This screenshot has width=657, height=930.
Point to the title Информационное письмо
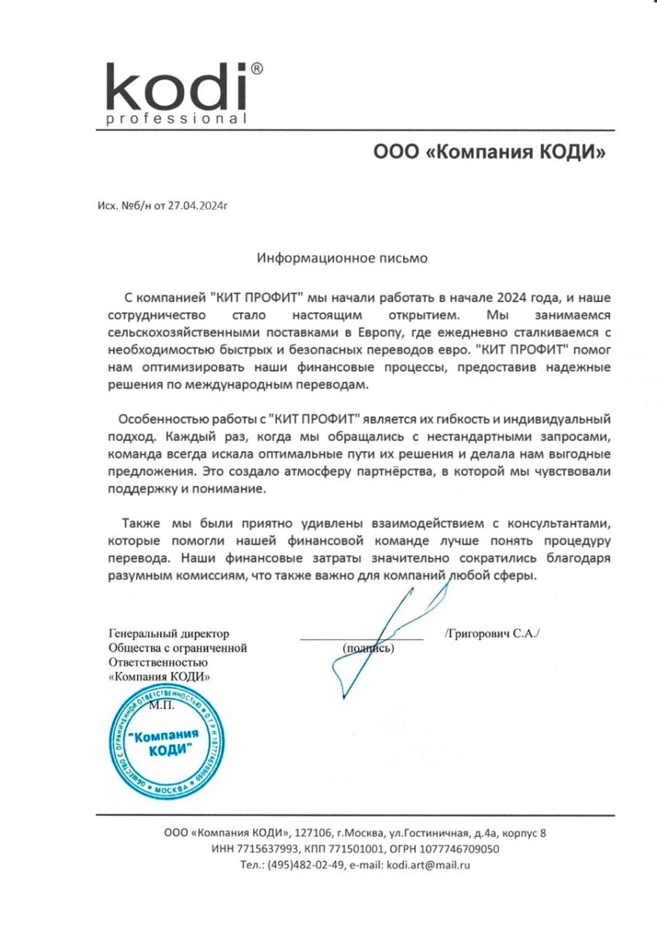pos(342,254)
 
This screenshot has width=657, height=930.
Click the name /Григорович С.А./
pos(493,633)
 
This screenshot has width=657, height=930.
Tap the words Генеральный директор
pos(169,634)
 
